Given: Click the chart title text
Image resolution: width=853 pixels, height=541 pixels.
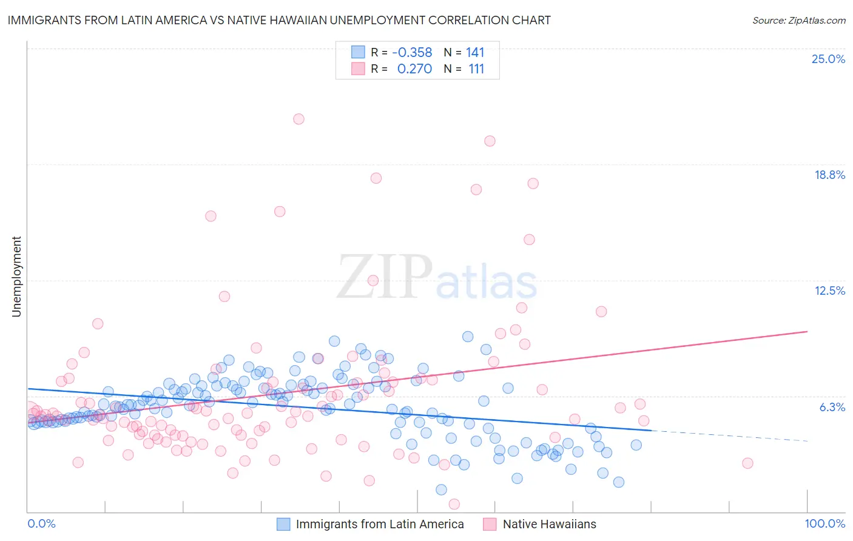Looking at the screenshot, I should [x=279, y=20].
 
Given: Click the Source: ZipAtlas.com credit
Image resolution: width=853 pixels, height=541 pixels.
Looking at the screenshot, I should [x=798, y=20].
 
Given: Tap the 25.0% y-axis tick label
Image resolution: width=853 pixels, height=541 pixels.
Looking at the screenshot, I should [x=828, y=59].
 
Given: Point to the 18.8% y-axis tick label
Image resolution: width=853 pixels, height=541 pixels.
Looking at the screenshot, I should [x=829, y=175].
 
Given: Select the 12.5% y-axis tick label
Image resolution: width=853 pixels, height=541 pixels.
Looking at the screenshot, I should [x=829, y=291].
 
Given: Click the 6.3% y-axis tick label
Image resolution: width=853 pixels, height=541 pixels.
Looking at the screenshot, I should [x=832, y=407].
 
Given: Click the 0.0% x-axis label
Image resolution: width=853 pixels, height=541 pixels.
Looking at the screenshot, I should [x=41, y=523].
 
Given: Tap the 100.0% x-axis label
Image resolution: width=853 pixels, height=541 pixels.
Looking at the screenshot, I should [x=824, y=523].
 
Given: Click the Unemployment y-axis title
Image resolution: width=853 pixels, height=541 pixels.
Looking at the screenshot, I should [x=16, y=277].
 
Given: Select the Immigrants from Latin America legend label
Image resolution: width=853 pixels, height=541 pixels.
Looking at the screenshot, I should [x=379, y=524].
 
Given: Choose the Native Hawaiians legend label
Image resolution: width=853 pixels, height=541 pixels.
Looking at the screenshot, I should [x=549, y=524].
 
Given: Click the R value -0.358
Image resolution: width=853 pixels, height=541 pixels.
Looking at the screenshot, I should [x=412, y=52].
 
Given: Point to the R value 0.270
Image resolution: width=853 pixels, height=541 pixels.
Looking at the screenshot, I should [x=414, y=69].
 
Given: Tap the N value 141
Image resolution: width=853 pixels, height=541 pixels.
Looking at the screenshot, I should [x=475, y=52].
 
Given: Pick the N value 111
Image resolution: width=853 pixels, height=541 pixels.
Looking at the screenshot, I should [x=476, y=69].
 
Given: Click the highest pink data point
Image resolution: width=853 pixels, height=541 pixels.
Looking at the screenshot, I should [x=298, y=119].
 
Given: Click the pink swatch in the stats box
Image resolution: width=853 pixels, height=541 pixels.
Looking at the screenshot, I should [x=358, y=69].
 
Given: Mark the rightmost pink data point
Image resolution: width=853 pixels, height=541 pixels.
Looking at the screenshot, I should [x=747, y=463].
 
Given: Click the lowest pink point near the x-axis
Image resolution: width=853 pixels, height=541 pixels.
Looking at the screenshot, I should [x=454, y=504].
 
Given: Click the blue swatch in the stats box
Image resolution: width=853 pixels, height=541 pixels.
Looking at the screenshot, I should [x=358, y=52].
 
